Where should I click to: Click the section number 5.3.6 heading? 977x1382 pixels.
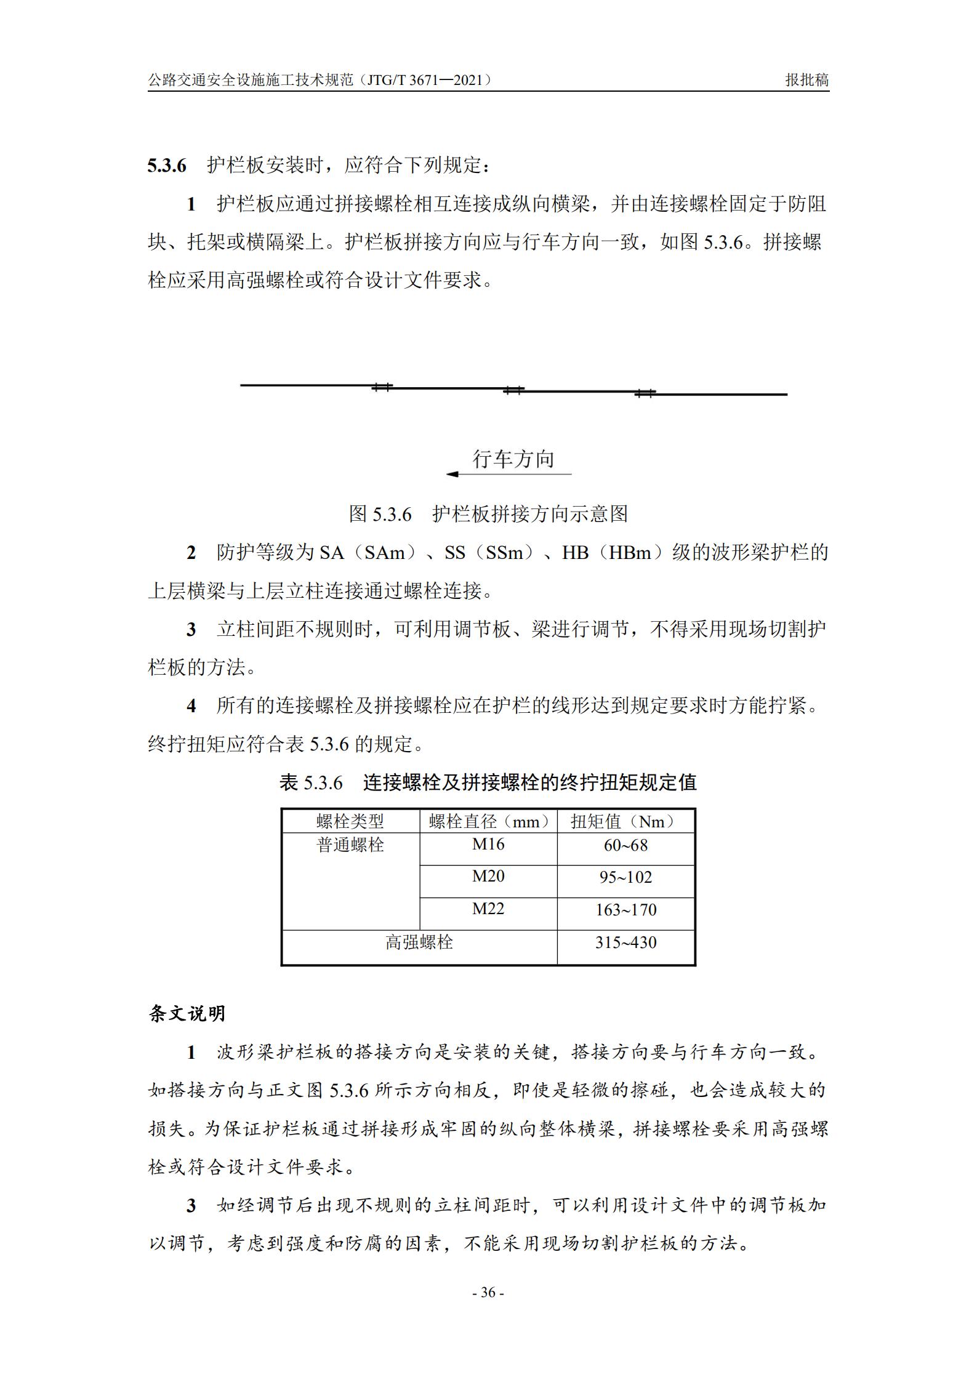[x=166, y=166]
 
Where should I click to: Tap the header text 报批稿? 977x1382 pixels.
[x=806, y=80]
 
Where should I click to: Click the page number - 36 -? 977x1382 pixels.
[x=488, y=1292]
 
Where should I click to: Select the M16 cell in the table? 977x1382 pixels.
[x=488, y=844]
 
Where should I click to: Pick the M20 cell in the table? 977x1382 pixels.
[x=488, y=876]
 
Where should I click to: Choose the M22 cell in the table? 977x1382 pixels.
[x=488, y=909]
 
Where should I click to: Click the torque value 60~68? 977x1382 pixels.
[x=625, y=845]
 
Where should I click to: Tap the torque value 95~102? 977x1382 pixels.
[x=625, y=877]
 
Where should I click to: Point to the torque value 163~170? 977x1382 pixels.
[x=625, y=910]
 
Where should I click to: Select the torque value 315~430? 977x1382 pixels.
[x=625, y=942]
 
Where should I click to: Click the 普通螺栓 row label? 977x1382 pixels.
[x=350, y=845]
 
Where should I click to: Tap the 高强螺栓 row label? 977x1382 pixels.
[x=419, y=942]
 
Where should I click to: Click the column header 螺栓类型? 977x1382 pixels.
[x=350, y=821]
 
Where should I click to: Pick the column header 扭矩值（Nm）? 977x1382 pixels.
[x=625, y=821]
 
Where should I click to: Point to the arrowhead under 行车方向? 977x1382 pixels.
[x=452, y=474]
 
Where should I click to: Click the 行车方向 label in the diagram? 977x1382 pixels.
[x=513, y=459]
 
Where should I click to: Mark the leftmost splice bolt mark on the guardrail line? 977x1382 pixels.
[x=382, y=387]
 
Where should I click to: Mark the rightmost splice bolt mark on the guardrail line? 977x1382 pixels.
[x=645, y=392]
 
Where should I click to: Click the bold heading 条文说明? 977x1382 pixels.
[x=187, y=1013]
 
